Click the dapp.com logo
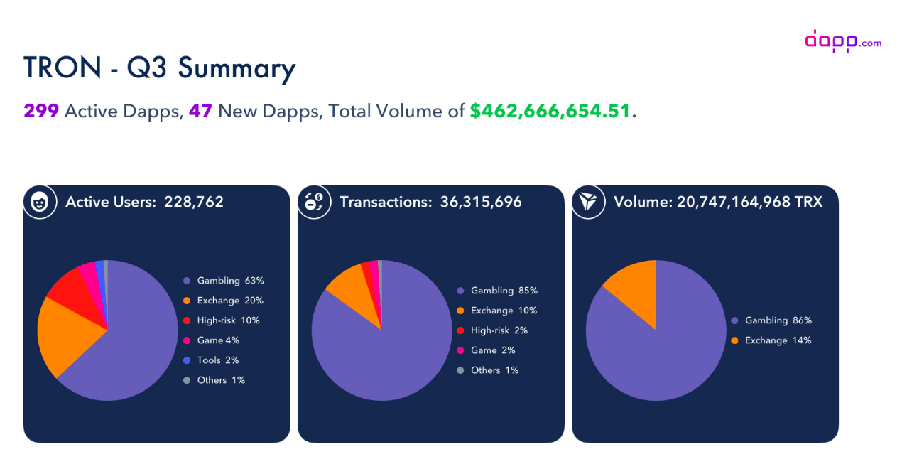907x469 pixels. click(842, 41)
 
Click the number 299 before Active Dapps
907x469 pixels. click(41, 111)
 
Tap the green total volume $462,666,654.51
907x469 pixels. click(550, 111)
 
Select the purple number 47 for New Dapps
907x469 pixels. click(200, 111)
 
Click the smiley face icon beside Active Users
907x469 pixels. click(40, 203)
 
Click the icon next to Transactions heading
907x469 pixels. click(314, 203)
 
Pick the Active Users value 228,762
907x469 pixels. click(194, 202)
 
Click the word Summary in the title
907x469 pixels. click(237, 69)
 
